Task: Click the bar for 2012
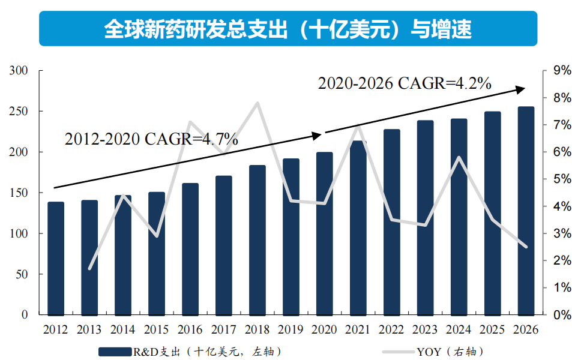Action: [56, 258]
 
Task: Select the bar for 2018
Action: [257, 239]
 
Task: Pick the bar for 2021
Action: [358, 227]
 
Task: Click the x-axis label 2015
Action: [156, 329]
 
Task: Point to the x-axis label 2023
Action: [425, 329]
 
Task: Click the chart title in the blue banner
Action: [288, 28]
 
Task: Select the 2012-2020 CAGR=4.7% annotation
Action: [151, 140]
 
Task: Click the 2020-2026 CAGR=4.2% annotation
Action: [405, 83]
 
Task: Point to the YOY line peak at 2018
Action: [257, 103]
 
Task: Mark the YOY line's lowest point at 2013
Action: [89, 269]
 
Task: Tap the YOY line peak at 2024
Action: [459, 157]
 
